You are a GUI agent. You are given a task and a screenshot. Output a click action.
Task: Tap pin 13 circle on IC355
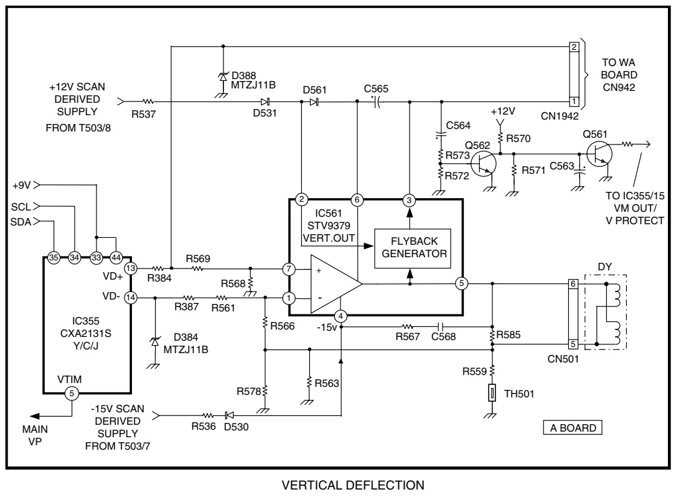[130, 268]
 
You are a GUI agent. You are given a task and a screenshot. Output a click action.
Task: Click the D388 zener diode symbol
[223, 76]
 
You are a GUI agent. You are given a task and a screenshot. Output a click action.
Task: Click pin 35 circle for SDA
[54, 257]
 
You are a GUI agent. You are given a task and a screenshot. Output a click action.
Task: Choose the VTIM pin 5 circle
[72, 393]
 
